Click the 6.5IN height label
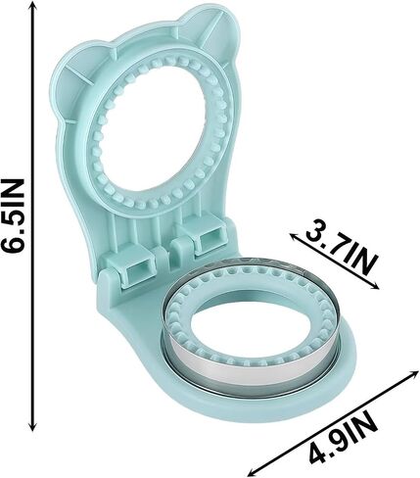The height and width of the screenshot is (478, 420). click(x=13, y=215)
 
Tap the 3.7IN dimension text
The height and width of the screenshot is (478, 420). click(x=341, y=254)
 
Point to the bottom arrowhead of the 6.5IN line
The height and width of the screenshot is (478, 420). click(x=32, y=425)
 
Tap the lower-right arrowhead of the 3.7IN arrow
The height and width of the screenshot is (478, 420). click(x=374, y=286)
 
